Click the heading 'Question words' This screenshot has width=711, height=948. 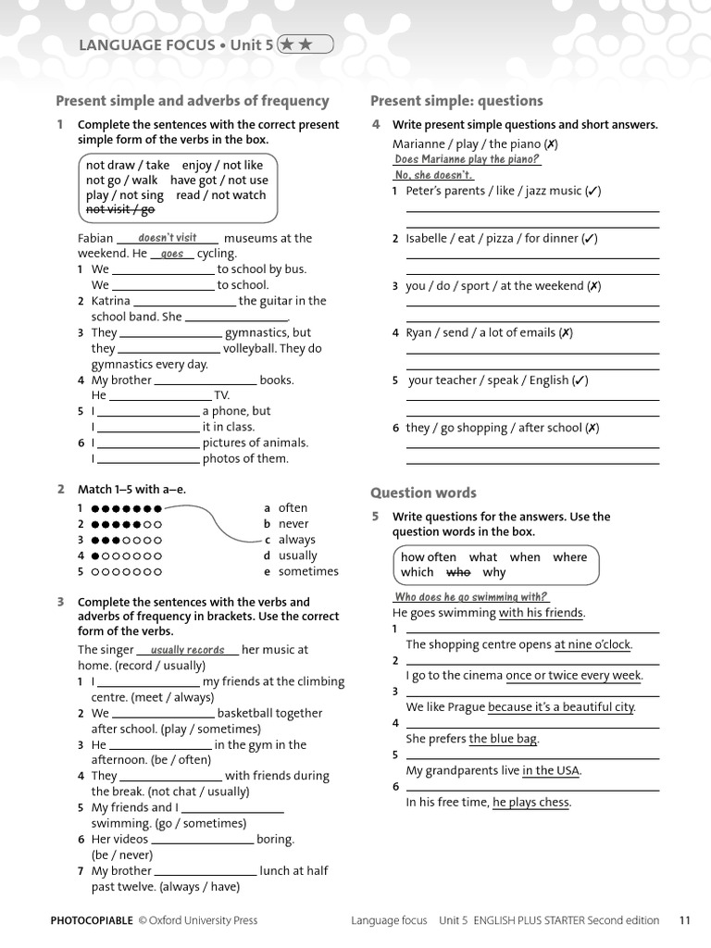423,493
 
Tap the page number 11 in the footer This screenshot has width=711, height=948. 685,920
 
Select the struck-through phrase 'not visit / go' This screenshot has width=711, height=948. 120,209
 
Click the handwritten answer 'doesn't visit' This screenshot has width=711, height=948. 168,238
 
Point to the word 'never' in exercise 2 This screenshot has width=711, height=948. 293,524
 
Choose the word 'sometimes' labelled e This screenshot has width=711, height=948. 308,571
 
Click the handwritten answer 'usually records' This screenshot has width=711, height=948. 187,650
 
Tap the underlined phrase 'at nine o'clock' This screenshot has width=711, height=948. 592,644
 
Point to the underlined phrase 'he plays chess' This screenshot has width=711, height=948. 530,803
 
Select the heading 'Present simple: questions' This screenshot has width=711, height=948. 456,101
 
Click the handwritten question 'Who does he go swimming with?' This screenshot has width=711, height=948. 471,597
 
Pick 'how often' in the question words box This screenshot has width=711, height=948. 428,557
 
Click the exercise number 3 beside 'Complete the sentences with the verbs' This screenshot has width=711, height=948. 60,602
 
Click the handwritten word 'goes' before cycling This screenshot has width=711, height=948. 172,254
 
